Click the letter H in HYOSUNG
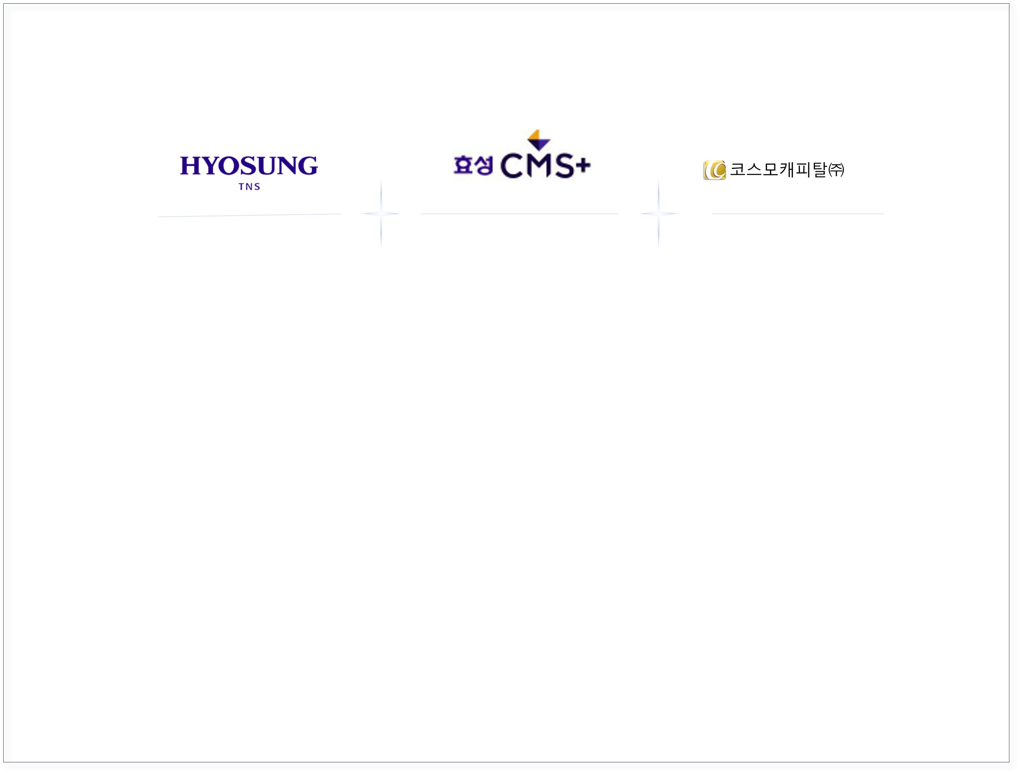(x=190, y=166)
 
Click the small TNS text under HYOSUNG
(x=249, y=187)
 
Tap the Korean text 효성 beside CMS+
(x=473, y=165)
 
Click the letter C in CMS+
(x=511, y=166)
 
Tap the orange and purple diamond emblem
(x=539, y=140)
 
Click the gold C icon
(x=714, y=170)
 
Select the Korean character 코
(x=737, y=169)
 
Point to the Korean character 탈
(x=819, y=169)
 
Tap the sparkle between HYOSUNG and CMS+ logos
(x=381, y=213)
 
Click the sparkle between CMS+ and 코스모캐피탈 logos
(x=659, y=213)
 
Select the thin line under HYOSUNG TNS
(x=249, y=215)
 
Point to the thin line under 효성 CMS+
(x=519, y=213)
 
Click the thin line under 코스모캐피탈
(x=798, y=213)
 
